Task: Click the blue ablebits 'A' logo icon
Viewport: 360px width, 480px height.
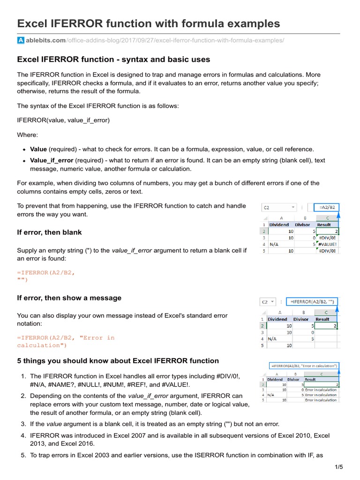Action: click(21, 41)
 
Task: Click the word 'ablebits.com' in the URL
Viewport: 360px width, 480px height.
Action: click(46, 41)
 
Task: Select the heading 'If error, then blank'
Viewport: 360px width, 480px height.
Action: click(49, 232)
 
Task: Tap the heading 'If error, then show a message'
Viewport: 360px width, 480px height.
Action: click(69, 298)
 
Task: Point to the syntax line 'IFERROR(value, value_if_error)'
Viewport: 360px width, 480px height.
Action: click(63, 120)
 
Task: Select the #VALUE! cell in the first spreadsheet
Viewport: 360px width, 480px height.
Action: click(327, 244)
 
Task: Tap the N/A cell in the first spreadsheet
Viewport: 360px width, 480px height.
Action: click(275, 244)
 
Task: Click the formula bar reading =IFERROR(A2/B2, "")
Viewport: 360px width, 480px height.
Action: click(313, 301)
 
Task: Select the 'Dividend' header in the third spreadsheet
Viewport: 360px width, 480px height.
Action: click(275, 380)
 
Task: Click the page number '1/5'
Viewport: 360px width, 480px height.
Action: click(339, 467)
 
